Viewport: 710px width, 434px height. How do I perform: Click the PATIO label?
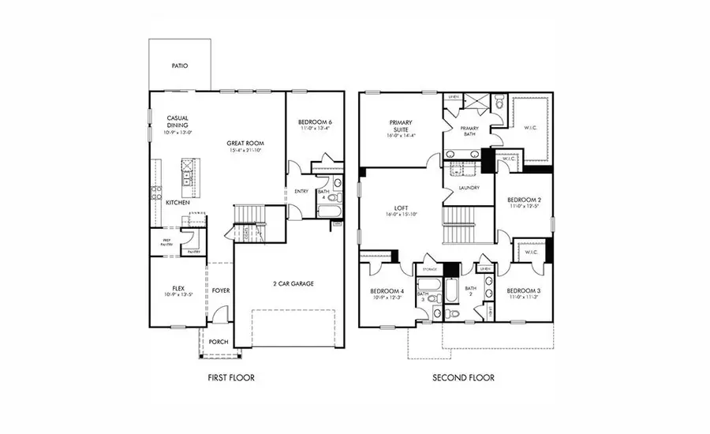[x=180, y=66]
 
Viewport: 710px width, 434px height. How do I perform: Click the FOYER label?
[x=221, y=290]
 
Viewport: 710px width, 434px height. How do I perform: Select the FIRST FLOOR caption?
[x=230, y=378]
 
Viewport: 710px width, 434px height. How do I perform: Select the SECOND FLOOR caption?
[x=463, y=378]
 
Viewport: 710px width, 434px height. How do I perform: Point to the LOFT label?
[x=401, y=208]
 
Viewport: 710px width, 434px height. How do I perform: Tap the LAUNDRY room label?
[x=469, y=188]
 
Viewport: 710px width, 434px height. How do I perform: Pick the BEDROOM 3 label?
[x=524, y=291]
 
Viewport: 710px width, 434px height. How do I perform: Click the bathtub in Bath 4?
[x=326, y=210]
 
